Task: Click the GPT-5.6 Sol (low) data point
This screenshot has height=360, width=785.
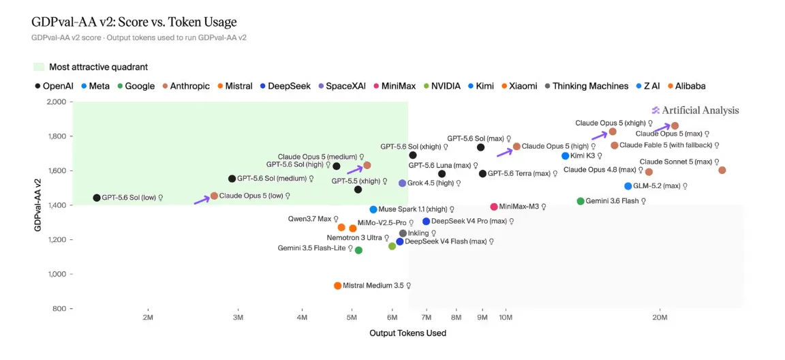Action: [x=97, y=198]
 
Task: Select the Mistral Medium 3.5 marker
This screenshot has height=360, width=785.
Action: [x=337, y=286]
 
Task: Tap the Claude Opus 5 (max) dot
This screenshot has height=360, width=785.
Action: [x=675, y=125]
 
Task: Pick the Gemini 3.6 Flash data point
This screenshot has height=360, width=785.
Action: [x=581, y=200]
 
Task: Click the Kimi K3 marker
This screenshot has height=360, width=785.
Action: [x=565, y=155]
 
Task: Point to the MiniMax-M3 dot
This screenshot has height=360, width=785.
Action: [x=494, y=207]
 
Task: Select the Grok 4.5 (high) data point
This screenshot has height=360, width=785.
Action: [x=402, y=183]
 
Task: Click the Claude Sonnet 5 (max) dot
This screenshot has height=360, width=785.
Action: [x=722, y=170]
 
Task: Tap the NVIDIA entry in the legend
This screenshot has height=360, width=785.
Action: [x=442, y=86]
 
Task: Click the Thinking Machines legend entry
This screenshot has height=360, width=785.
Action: [x=585, y=86]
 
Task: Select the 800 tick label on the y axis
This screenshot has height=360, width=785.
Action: [x=60, y=308]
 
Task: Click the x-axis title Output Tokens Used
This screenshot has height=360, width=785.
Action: [x=407, y=333]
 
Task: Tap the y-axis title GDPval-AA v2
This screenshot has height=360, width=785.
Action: [x=37, y=205]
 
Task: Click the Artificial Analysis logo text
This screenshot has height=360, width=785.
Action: [x=700, y=110]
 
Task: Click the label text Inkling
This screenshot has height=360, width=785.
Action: [x=418, y=233]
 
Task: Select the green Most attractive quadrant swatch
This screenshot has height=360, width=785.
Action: [x=39, y=67]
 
